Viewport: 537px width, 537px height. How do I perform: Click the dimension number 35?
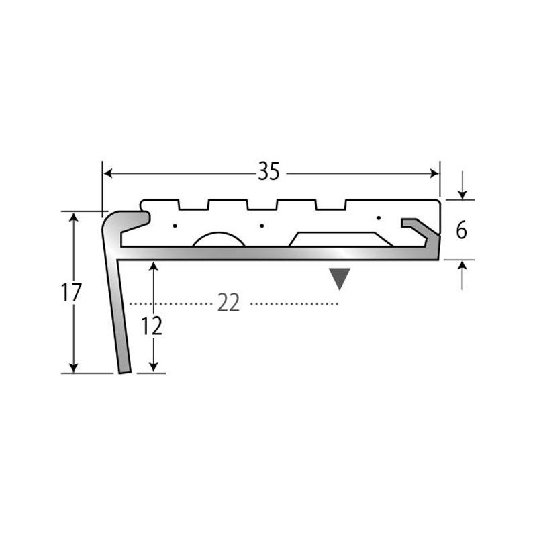(269, 171)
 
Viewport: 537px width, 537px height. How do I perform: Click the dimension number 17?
(71, 292)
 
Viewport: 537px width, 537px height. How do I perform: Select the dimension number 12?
(152, 326)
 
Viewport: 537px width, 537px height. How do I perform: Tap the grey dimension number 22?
(228, 303)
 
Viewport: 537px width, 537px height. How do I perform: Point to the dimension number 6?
(461, 230)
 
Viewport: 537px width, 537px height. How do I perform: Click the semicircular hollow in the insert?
(219, 240)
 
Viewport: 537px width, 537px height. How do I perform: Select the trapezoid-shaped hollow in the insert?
(341, 240)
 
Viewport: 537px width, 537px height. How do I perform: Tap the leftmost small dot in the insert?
(175, 226)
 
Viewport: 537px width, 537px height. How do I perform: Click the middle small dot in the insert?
(262, 226)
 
